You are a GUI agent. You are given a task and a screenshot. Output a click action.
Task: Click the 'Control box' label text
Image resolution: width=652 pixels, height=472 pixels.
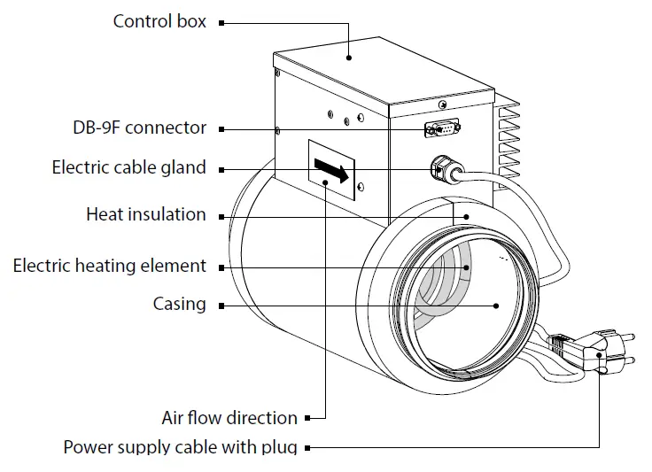pos(159,20)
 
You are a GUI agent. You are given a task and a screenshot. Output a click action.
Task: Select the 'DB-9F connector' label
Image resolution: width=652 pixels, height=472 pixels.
pos(139,128)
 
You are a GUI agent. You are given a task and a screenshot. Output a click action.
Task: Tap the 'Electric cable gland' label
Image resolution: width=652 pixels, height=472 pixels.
pos(128,167)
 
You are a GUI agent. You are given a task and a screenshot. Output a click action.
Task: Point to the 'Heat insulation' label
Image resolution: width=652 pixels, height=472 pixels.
pos(145,214)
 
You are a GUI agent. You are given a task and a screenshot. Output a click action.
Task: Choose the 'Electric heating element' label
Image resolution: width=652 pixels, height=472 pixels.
pos(109,266)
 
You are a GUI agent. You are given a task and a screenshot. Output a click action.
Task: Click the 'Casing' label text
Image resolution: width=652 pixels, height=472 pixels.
pos(179,305)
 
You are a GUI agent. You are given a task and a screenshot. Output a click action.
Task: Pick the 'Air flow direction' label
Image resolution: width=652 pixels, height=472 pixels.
pos(229,417)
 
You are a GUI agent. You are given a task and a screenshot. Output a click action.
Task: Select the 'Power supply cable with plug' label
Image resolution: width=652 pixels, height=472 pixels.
pos(180,446)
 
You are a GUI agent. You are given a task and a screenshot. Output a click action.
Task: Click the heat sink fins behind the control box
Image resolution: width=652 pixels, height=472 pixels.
pos(510,142)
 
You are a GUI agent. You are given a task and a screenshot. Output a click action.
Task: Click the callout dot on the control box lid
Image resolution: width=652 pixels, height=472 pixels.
pos(350,58)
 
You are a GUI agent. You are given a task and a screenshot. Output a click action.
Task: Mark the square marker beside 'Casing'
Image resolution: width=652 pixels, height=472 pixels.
pos(221,306)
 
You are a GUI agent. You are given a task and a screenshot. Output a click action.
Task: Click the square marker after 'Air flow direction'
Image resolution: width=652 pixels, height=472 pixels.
pos(307,418)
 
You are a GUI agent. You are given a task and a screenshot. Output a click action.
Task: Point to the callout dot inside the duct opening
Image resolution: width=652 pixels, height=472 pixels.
pos(496,306)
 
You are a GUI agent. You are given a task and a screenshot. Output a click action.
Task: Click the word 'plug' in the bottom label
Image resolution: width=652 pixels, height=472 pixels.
pos(278,447)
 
